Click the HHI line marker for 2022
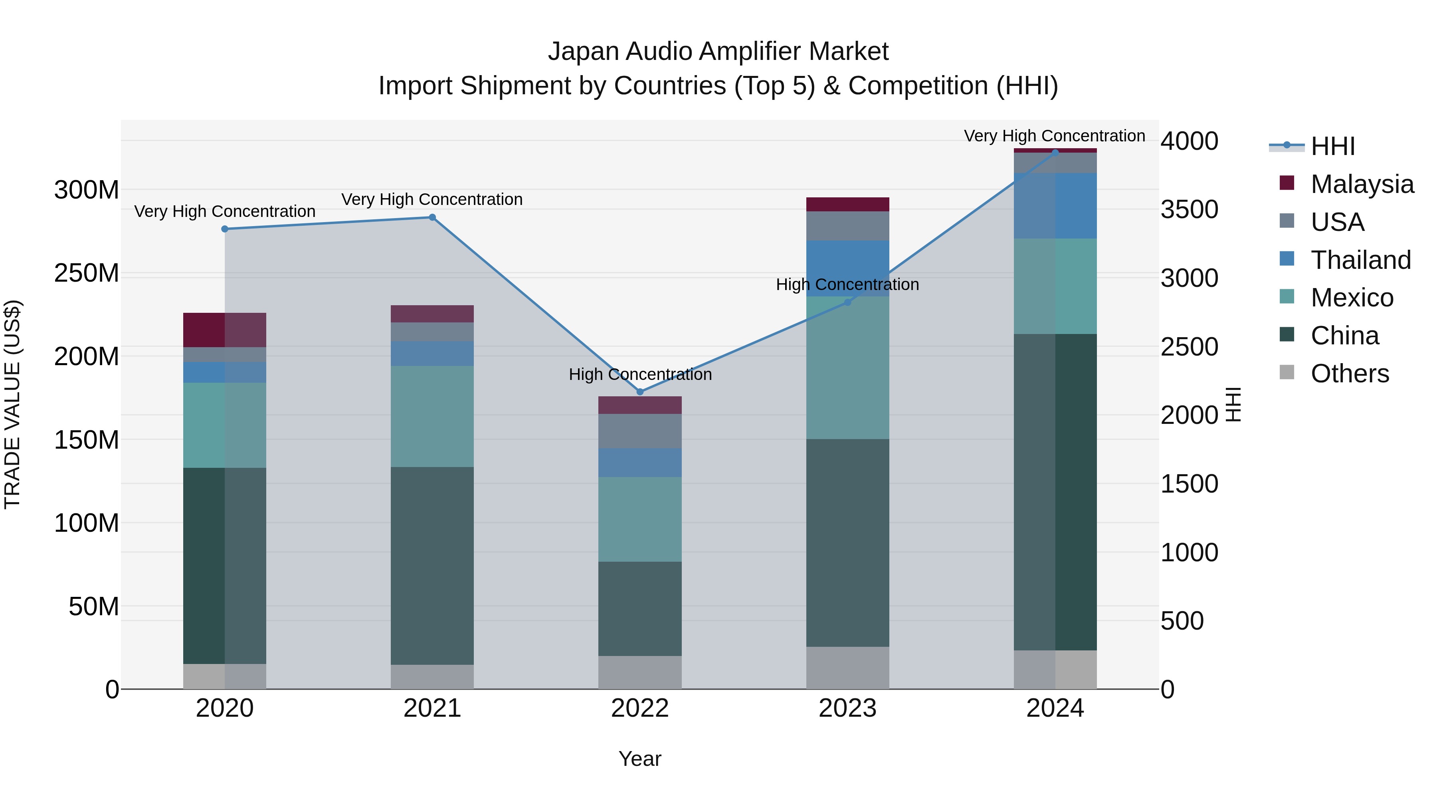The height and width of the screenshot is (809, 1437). [x=640, y=392]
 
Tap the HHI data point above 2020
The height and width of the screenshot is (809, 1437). [x=225, y=229]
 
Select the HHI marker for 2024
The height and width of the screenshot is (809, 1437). [x=1055, y=153]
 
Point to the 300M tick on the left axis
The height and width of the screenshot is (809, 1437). [x=87, y=191]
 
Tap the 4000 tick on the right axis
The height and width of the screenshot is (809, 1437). [x=1190, y=141]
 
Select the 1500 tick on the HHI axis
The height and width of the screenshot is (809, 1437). [x=1190, y=484]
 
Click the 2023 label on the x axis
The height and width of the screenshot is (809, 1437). [x=847, y=708]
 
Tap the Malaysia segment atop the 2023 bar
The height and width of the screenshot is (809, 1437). [x=847, y=204]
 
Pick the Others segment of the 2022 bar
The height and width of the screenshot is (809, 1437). [x=640, y=672]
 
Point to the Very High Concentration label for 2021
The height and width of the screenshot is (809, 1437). [x=432, y=199]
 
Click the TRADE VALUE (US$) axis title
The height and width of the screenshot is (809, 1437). [x=12, y=404]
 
